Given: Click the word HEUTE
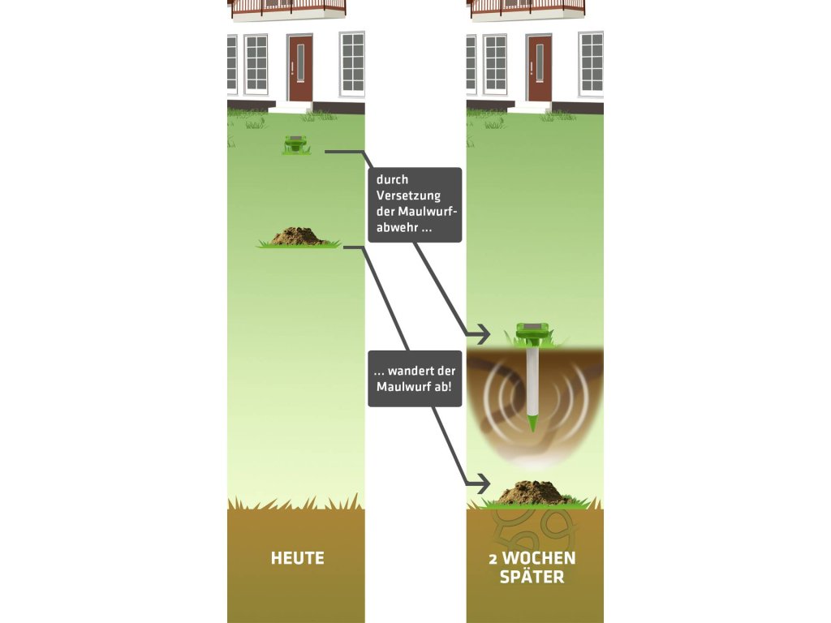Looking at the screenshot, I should [x=297, y=558].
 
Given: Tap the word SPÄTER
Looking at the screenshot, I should [x=532, y=578].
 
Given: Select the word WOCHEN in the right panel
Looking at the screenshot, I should [x=545, y=558].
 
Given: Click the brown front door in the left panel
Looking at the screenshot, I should [x=299, y=67].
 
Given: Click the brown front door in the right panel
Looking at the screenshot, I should [x=539, y=67].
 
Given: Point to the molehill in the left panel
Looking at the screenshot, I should [x=299, y=237].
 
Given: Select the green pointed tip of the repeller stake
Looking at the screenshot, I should [x=532, y=423].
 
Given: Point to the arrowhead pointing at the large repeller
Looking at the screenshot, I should [x=484, y=333].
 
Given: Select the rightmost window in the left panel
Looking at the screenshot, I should [x=352, y=62].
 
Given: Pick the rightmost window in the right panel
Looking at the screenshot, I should [x=591, y=62].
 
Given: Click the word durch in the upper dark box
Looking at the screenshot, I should [x=392, y=179].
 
